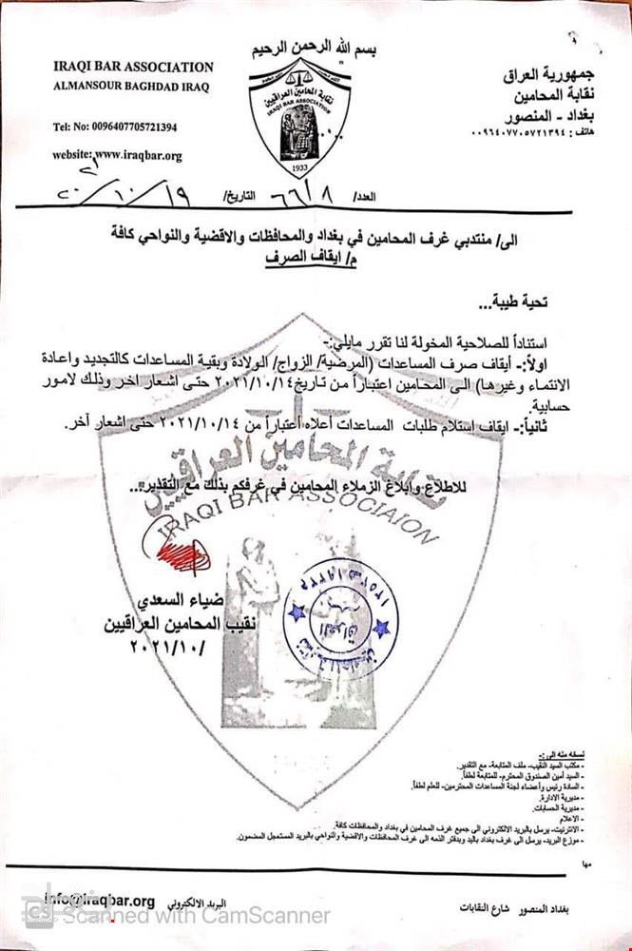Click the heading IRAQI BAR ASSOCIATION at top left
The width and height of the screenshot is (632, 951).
[133, 68]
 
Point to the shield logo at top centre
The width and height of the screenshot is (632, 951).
[305, 115]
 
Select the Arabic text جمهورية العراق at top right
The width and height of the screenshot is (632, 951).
[549, 73]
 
